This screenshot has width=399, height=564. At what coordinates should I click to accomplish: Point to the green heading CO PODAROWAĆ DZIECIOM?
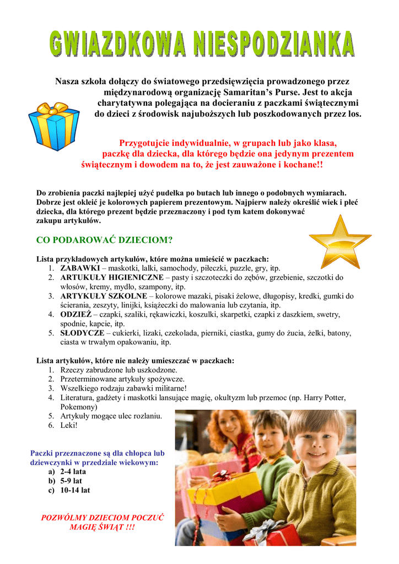104,240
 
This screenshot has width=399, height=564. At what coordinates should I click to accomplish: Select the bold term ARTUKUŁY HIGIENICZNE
112,278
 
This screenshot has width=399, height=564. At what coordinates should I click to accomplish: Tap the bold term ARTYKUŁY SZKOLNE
104,296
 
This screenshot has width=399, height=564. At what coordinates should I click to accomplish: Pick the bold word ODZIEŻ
76,314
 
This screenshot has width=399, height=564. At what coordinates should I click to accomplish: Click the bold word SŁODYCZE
80,333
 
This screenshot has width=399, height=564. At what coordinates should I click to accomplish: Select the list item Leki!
69,425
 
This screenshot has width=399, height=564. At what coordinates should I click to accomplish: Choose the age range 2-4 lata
73,472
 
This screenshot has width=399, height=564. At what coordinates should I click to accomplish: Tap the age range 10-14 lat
76,490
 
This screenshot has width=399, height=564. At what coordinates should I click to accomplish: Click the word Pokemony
79,406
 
